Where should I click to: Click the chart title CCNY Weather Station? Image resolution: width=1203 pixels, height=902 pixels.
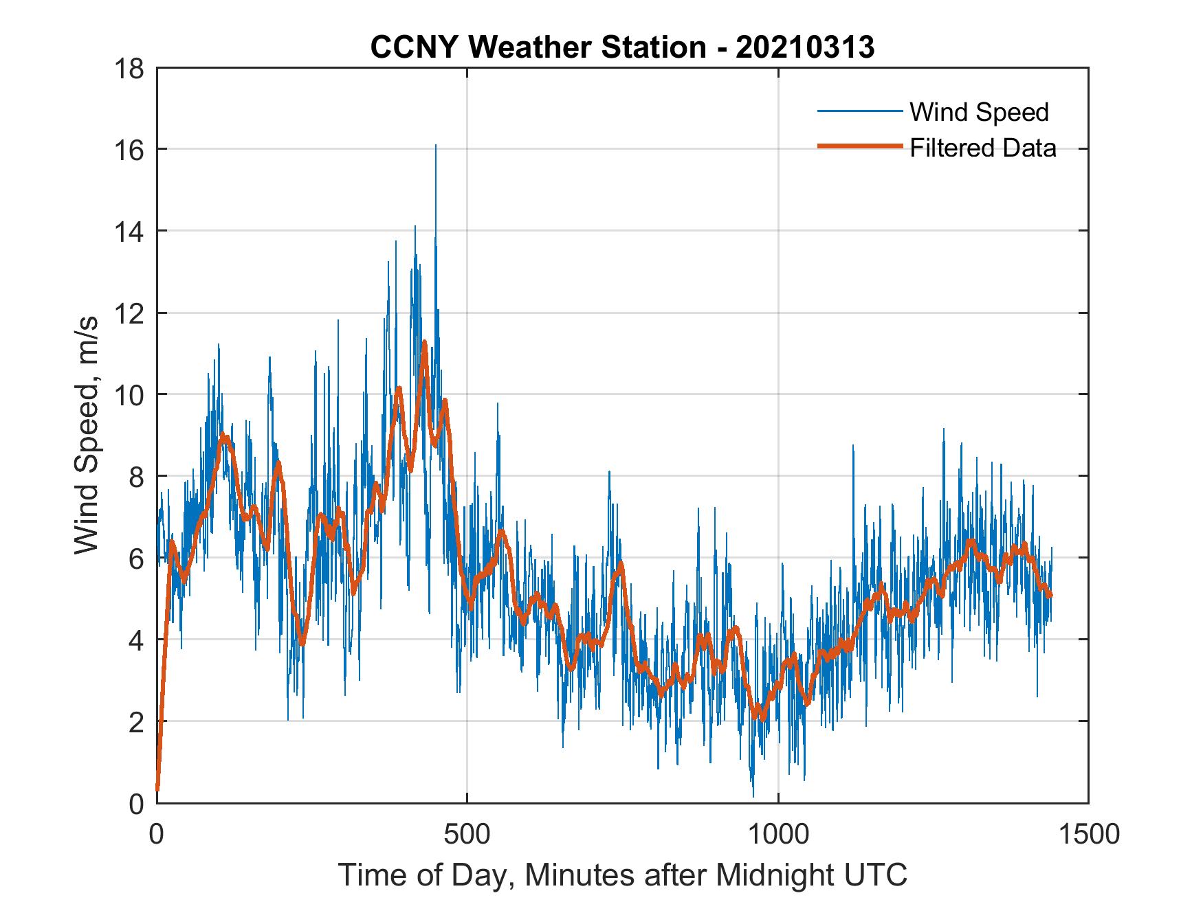538,47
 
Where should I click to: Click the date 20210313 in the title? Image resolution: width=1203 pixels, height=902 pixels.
804,47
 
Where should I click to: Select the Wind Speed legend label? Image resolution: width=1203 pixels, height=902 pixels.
979,112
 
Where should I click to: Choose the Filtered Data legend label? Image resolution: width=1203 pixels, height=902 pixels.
982,148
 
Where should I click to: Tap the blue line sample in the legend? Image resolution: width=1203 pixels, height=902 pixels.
859,111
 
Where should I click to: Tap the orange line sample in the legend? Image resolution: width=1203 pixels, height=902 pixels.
859,146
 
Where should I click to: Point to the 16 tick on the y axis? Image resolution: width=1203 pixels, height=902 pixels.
130,150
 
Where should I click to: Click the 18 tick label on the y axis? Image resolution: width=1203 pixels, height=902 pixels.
130,69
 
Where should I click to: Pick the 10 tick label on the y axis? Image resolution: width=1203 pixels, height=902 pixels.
130,395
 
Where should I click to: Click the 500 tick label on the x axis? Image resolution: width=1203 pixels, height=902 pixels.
467,834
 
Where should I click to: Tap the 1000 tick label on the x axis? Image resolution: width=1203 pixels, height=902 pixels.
777,834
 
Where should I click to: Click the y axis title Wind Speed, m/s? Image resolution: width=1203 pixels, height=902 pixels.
86,435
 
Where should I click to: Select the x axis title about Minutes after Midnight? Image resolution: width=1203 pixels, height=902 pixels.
622,875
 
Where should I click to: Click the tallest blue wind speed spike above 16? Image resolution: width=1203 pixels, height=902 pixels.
435,146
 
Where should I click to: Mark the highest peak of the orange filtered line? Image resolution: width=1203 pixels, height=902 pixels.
425,342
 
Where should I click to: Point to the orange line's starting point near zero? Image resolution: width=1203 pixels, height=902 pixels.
157,789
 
